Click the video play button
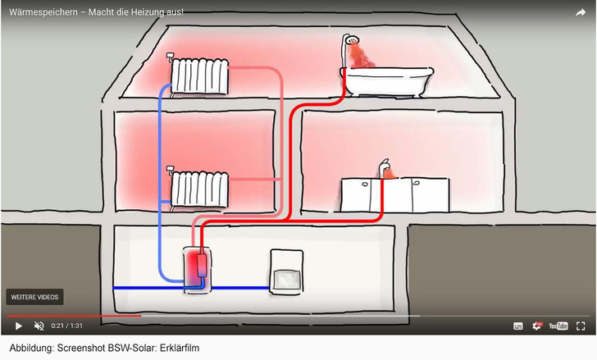(x=19, y=326)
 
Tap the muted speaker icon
(x=39, y=326)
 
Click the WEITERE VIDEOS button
(x=34, y=297)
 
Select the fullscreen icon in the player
(x=582, y=326)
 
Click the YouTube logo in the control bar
(x=558, y=326)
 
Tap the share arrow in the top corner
(x=581, y=12)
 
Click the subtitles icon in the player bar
(x=518, y=326)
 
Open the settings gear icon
(x=538, y=326)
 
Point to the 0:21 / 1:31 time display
(x=69, y=326)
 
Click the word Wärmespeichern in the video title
(x=39, y=12)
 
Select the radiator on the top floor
(x=200, y=75)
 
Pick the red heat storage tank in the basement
(x=197, y=267)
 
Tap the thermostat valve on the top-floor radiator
(x=171, y=57)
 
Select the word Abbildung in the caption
(x=27, y=349)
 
